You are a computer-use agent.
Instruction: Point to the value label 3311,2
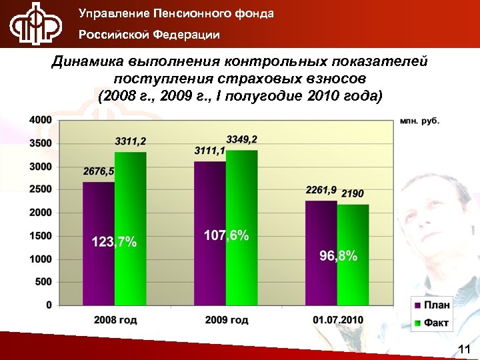[x=131, y=141]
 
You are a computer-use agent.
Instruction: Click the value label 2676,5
[x=99, y=171]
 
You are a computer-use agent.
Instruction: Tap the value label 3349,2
[x=242, y=139]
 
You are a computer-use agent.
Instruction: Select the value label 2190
[x=353, y=194]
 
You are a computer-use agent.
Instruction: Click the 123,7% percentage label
[x=114, y=242]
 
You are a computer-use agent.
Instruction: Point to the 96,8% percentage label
[x=338, y=256]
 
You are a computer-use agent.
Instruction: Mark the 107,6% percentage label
[x=227, y=235]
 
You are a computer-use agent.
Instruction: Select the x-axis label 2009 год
[x=227, y=321]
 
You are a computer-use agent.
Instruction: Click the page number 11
[x=465, y=349]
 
